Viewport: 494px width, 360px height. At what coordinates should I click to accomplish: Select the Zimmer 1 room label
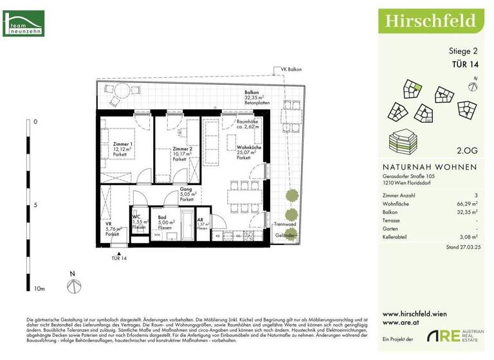(x=122, y=144)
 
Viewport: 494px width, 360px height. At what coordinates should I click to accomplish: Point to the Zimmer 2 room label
(x=183, y=149)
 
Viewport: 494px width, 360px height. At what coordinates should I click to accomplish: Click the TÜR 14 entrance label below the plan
(x=119, y=258)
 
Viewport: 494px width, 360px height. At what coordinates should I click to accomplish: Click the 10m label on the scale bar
(x=39, y=289)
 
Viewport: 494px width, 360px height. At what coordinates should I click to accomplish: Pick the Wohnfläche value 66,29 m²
(x=466, y=203)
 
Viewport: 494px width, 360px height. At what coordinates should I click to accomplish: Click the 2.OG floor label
(x=466, y=152)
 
